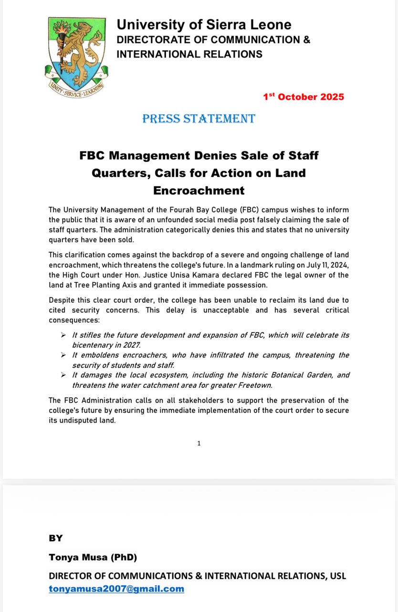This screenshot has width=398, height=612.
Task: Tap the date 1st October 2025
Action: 304,97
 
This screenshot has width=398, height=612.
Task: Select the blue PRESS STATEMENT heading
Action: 199,119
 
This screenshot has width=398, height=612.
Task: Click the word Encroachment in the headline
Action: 199,190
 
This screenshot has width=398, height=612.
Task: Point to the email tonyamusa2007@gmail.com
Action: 116,589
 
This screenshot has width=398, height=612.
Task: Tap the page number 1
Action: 199,443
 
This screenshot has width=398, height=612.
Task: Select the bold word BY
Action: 56,538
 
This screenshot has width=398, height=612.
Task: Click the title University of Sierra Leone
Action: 204,24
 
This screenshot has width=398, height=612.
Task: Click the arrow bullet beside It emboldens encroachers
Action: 63,355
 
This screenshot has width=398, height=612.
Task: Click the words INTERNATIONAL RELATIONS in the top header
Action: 189,54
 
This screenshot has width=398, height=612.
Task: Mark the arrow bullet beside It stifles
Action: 63,335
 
